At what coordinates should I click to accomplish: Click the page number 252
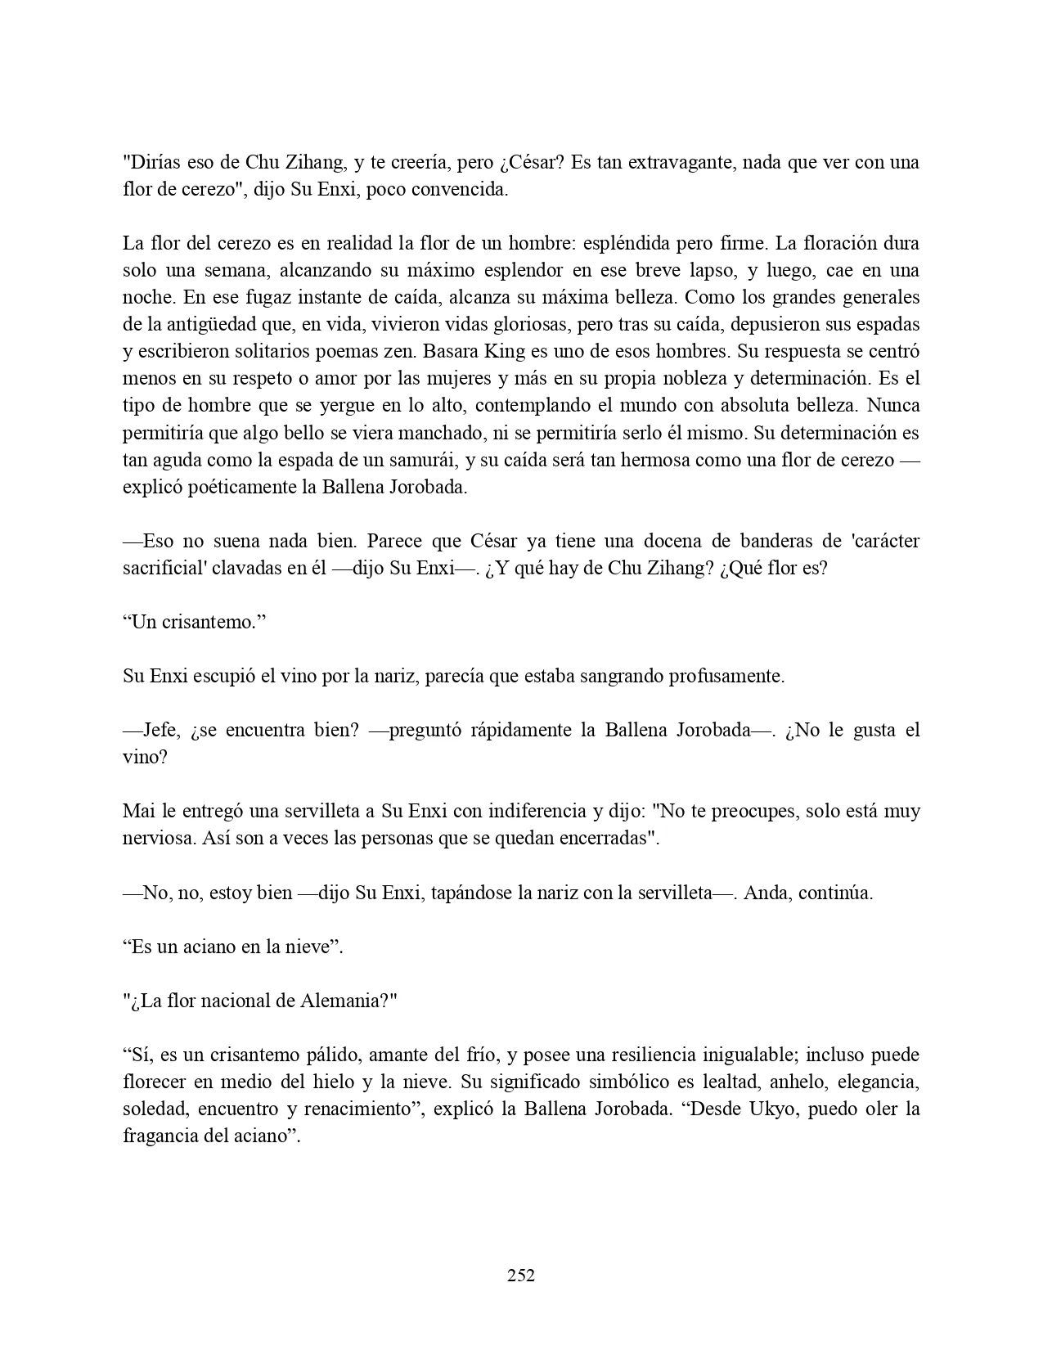pyautogui.click(x=521, y=1275)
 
